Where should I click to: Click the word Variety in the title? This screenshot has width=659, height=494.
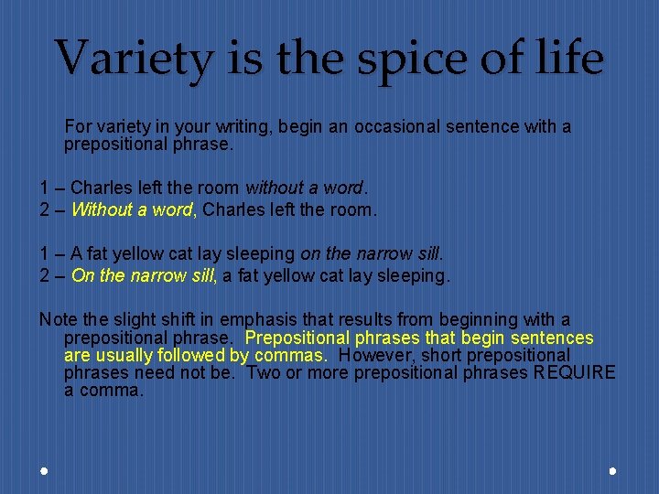[135, 58]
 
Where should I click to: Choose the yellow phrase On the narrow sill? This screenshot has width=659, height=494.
[142, 274]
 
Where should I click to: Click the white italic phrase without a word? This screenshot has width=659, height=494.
[304, 188]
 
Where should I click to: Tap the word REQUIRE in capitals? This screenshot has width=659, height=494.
[575, 372]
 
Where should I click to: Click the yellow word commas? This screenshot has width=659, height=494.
[289, 355]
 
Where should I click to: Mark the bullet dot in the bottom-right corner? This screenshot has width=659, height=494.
[612, 470]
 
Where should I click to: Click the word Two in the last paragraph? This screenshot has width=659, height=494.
[265, 372]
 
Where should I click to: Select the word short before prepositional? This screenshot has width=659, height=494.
[468, 355]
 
